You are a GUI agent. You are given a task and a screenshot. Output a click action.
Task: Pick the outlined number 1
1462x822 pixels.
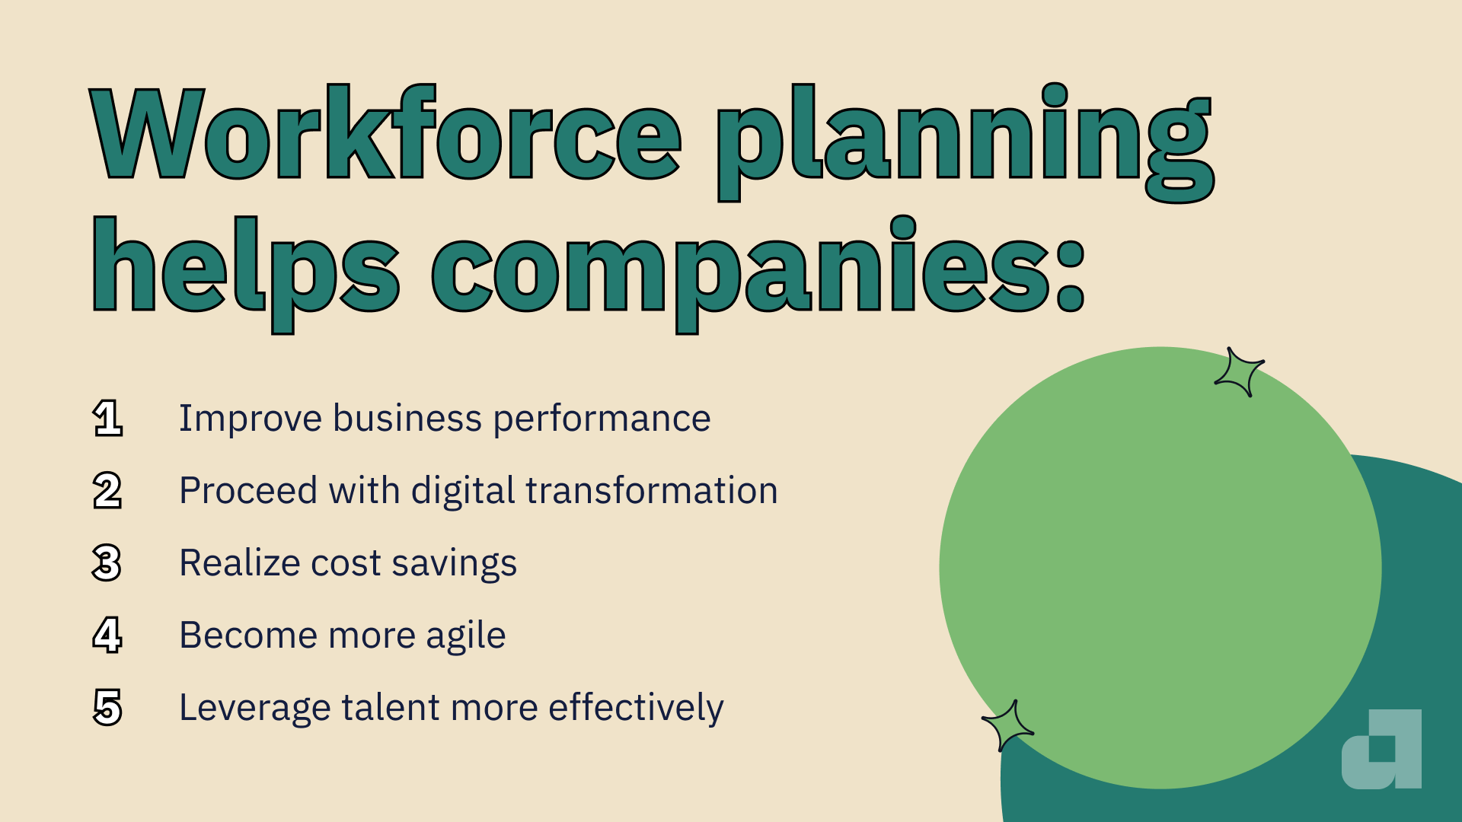point(107,418)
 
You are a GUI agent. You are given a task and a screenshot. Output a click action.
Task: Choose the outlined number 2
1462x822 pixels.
point(107,490)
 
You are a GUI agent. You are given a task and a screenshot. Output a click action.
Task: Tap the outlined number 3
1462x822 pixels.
point(107,563)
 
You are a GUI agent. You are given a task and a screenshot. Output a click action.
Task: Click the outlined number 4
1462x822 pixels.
point(107,635)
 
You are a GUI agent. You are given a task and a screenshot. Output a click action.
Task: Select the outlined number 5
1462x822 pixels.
point(107,707)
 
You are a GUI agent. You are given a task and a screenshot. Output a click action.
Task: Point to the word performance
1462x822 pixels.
point(602,419)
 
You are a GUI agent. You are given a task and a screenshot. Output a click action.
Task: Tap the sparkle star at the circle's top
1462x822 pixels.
point(1239,372)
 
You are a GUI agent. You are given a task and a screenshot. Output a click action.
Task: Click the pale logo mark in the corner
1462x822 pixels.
point(1381,750)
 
